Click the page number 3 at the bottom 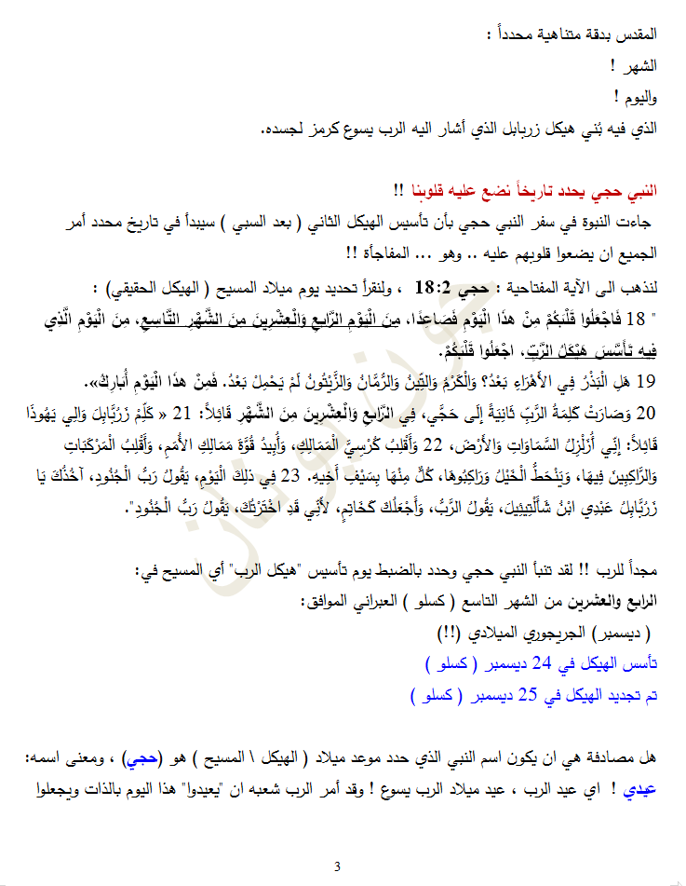(x=337, y=866)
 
